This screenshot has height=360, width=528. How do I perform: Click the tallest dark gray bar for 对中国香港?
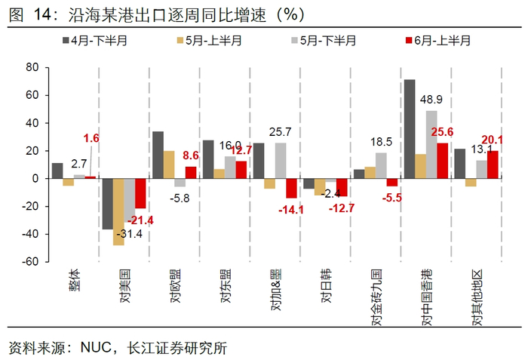(x=410, y=128)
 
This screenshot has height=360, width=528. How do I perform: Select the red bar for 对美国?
(x=140, y=193)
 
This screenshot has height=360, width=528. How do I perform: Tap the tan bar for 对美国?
(x=118, y=211)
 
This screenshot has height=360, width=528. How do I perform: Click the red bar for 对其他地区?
(x=493, y=165)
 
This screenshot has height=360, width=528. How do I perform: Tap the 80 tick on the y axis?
(x=32, y=67)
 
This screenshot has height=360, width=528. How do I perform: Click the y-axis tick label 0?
(x=35, y=179)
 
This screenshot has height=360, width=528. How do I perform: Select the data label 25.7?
(x=281, y=133)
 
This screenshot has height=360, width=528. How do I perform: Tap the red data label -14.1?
(x=291, y=210)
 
